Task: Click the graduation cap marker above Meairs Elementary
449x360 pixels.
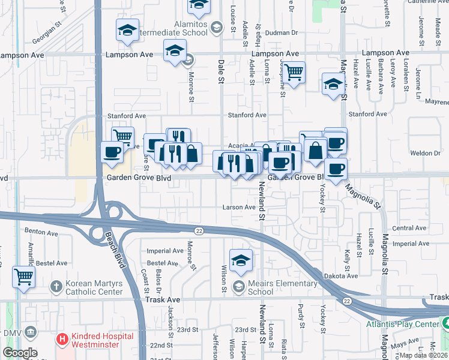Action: point(241,260)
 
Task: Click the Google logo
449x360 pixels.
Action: point(19,353)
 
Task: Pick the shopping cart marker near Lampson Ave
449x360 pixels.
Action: point(294,72)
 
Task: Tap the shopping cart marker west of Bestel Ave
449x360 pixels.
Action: point(24,277)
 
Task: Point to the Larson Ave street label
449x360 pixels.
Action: point(240,207)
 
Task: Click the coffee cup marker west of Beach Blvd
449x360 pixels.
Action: point(111,152)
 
